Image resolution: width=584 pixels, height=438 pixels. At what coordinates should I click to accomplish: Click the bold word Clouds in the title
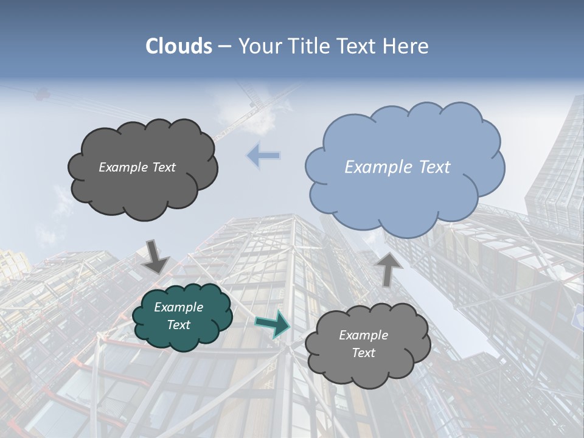[179, 46]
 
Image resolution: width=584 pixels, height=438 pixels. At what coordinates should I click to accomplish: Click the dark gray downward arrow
[156, 256]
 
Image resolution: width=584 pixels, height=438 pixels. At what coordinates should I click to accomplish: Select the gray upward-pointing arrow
[389, 268]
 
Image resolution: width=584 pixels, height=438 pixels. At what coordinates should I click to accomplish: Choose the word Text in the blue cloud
[434, 167]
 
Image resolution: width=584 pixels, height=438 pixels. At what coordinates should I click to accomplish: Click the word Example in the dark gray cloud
[123, 167]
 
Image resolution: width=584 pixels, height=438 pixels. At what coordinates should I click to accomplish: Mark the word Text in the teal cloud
[179, 325]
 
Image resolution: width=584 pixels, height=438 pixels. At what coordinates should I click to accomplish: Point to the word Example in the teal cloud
[179, 307]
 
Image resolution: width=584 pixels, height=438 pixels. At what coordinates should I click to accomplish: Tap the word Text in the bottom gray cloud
[364, 353]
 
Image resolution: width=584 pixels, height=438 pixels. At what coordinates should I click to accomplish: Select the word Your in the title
[258, 46]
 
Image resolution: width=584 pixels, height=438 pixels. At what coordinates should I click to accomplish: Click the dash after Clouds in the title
[224, 46]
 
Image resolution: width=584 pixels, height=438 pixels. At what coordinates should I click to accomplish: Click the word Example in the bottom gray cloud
[364, 335]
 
